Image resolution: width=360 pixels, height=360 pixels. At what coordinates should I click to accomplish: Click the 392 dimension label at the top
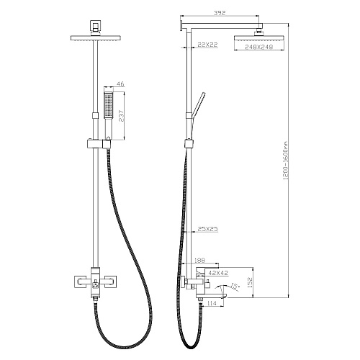point(220,13)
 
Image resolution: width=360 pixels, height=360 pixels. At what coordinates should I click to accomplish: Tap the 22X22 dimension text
point(207,45)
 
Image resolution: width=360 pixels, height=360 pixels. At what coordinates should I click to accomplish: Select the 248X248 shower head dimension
point(259,47)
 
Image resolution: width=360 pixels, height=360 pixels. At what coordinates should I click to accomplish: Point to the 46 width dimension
point(120,84)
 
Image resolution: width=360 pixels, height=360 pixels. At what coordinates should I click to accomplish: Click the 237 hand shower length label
point(122,116)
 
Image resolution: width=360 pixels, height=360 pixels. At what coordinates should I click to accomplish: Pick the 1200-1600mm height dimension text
point(285,161)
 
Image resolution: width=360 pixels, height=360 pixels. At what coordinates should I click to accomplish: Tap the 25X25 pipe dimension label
point(208,229)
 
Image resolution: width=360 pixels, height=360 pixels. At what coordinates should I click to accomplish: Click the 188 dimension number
point(199,261)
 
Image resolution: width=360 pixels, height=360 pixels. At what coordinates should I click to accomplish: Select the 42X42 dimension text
point(218,273)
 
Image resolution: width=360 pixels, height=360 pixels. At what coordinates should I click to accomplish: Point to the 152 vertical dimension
point(250,282)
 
